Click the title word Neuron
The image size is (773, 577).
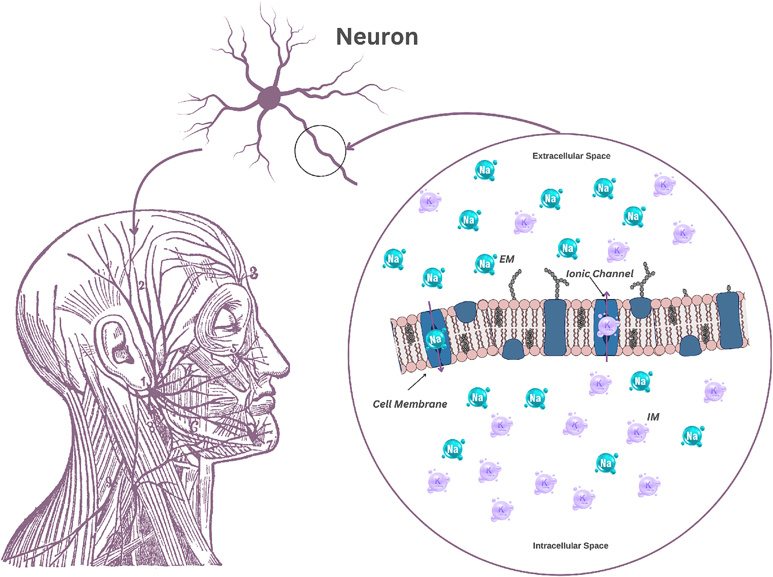(x=377, y=37)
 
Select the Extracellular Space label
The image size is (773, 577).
(x=571, y=156)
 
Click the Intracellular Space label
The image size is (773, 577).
(x=570, y=545)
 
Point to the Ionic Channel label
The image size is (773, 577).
(x=599, y=274)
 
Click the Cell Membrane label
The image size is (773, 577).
(x=410, y=404)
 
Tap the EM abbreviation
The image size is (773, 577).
(x=507, y=259)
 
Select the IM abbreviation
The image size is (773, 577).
(x=653, y=417)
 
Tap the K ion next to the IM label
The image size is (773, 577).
(x=637, y=432)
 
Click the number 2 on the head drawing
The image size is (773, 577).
(x=141, y=286)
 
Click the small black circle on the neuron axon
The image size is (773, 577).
(x=320, y=151)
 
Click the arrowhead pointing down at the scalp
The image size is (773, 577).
(x=134, y=231)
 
